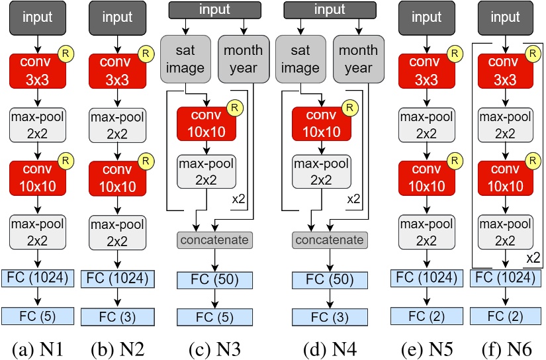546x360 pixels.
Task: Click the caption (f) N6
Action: click(x=506, y=345)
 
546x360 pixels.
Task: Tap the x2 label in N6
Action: click(x=531, y=255)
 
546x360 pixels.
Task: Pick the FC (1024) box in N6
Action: click(x=506, y=277)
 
